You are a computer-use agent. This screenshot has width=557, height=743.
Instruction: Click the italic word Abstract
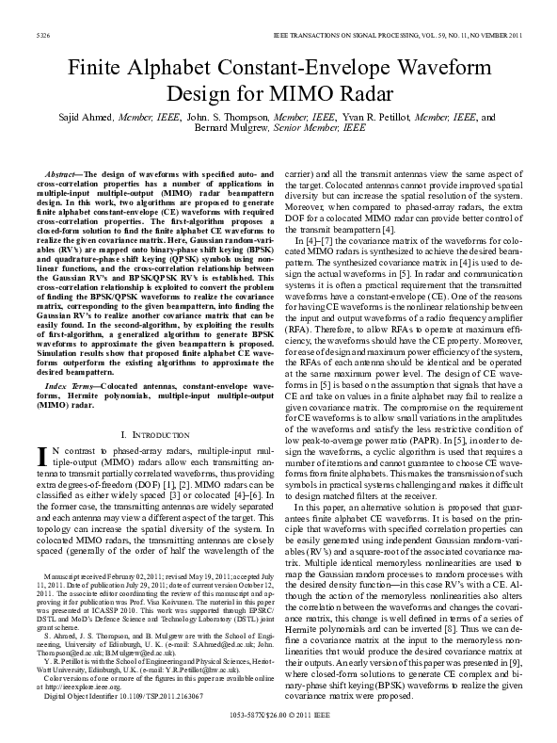click(63, 176)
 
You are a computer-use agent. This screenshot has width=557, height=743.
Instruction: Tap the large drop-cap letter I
click(40, 459)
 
